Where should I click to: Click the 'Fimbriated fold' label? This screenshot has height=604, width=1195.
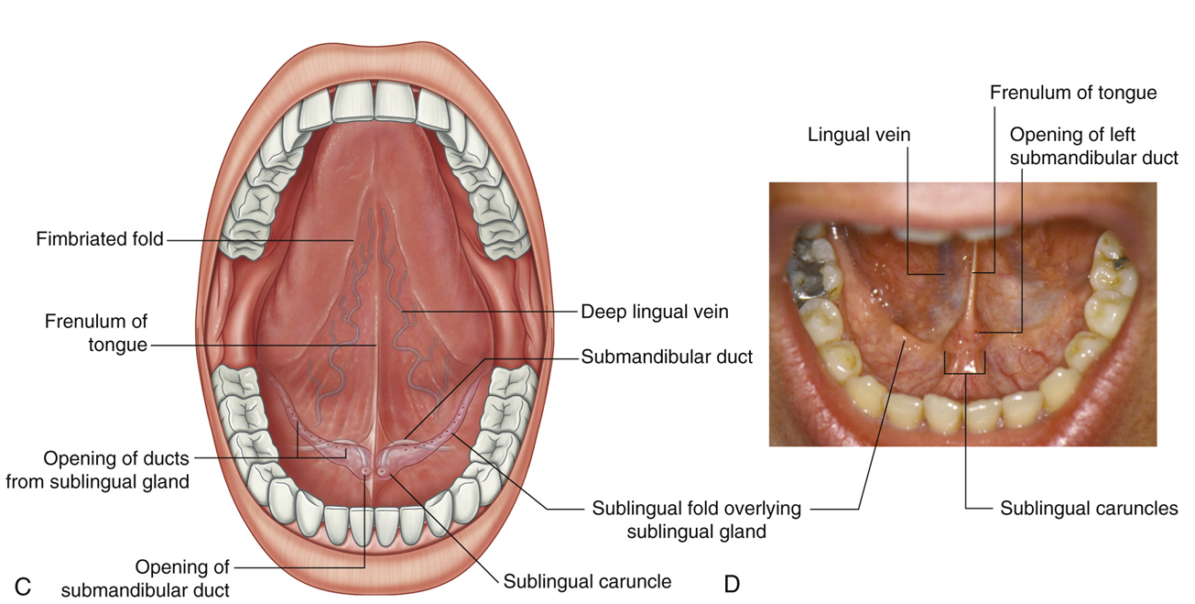[x=100, y=239]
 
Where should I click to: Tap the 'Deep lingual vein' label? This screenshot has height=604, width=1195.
[x=655, y=312]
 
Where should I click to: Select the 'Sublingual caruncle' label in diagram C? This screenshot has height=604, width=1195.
[x=587, y=581]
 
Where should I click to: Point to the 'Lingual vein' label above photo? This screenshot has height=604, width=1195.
[x=859, y=135]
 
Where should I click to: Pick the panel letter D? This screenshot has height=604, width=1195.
[x=732, y=584]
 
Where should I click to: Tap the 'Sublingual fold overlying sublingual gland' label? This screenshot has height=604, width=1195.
[x=696, y=519]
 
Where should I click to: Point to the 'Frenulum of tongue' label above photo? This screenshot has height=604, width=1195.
[x=1073, y=93]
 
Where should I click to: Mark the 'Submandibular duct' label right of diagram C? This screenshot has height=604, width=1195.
[x=667, y=357]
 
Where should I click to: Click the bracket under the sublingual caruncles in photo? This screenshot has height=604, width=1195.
[x=964, y=372]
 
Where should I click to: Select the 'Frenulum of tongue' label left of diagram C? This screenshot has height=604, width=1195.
[x=95, y=334]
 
